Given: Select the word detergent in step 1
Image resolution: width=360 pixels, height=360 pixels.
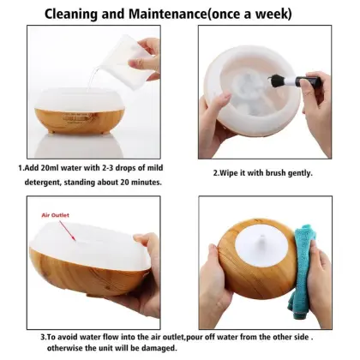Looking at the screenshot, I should click(x=42, y=182).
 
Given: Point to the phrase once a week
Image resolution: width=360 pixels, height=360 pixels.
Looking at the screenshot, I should click(x=261, y=15).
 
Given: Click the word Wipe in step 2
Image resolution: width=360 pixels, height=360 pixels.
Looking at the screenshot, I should click(x=230, y=173).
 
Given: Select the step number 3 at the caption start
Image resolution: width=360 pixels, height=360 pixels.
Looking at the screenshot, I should click(x=20, y=335).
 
